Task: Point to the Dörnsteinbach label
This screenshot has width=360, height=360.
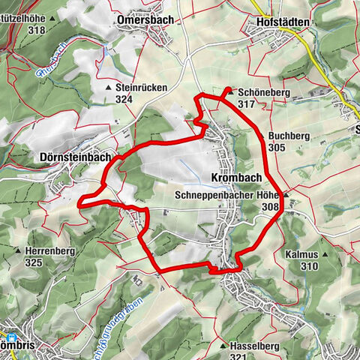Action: (x=73, y=158)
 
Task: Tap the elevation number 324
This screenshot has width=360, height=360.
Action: (x=125, y=98)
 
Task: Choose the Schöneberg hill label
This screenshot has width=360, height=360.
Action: (x=259, y=92)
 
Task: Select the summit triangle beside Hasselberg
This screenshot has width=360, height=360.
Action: (x=223, y=347)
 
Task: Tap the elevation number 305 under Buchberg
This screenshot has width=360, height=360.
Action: (x=277, y=148)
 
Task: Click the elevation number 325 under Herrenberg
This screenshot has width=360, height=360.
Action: (x=33, y=263)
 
